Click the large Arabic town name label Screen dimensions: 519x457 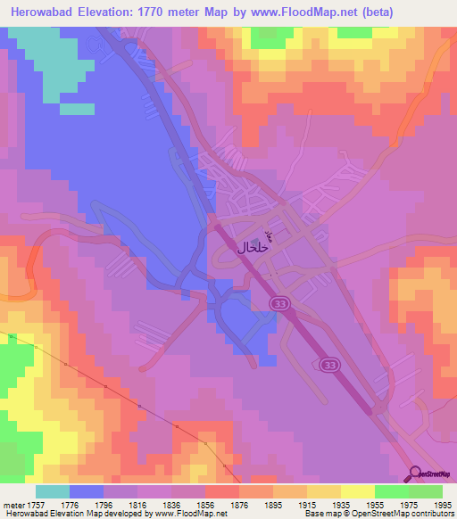[x=253, y=247]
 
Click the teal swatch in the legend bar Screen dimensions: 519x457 [x=53, y=491]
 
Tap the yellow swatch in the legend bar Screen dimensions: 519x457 [x=357, y=491]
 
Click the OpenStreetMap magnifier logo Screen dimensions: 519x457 [x=414, y=474]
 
